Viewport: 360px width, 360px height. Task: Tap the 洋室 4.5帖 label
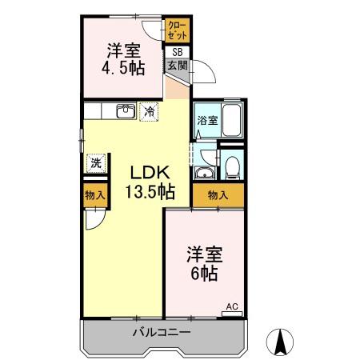[x=125, y=58]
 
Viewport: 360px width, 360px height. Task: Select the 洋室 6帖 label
[x=206, y=263]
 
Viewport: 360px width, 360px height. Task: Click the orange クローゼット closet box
[x=177, y=31]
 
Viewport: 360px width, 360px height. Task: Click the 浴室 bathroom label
[x=205, y=122]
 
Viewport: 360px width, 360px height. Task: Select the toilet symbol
[x=231, y=166]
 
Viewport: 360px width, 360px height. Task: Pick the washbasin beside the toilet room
[x=203, y=174]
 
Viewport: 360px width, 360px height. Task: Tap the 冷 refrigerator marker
[x=149, y=113]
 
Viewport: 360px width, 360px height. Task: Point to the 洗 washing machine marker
[x=95, y=162]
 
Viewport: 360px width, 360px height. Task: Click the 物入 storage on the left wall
[x=94, y=195]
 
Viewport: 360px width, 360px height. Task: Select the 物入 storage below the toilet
[x=218, y=194]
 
